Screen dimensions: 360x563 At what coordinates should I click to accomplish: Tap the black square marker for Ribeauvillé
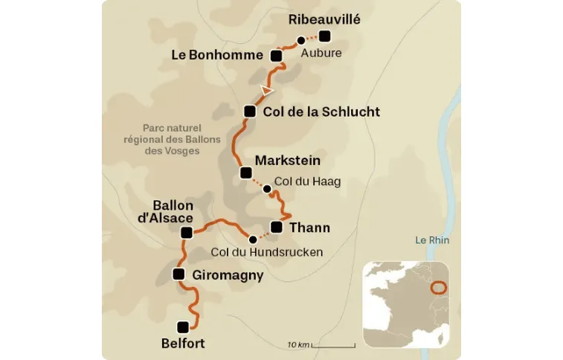pyautogui.click(x=324, y=36)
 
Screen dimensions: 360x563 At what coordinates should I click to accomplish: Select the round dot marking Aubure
pyautogui.click(x=300, y=41)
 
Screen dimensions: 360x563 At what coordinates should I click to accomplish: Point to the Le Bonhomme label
pyautogui.click(x=216, y=55)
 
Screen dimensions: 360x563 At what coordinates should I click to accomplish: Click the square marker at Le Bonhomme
pyautogui.click(x=276, y=56)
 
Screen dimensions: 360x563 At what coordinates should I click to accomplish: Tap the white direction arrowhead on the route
pyautogui.click(x=266, y=90)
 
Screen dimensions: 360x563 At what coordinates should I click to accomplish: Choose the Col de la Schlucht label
pyautogui.click(x=321, y=112)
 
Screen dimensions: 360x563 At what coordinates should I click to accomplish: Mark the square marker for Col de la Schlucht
pyautogui.click(x=250, y=112)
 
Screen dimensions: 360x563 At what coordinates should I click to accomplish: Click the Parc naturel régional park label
pyautogui.click(x=162, y=139)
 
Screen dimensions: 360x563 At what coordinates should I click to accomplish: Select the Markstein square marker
pyautogui.click(x=246, y=173)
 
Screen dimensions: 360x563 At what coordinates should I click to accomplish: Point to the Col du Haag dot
pyautogui.click(x=266, y=188)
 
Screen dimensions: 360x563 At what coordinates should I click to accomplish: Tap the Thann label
pyautogui.click(x=309, y=228)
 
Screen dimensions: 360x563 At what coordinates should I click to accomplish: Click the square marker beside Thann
pyautogui.click(x=277, y=227)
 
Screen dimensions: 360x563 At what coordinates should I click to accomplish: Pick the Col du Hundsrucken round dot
pyautogui.click(x=253, y=240)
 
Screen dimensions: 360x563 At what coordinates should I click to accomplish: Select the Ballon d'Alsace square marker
pyautogui.click(x=187, y=233)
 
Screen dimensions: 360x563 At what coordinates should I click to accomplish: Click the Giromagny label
pyautogui.click(x=228, y=275)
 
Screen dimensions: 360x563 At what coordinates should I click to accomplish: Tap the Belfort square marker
pyautogui.click(x=183, y=326)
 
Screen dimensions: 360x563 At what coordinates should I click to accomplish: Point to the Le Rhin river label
pyautogui.click(x=432, y=240)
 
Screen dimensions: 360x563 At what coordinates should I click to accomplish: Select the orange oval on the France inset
pyautogui.click(x=439, y=286)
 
